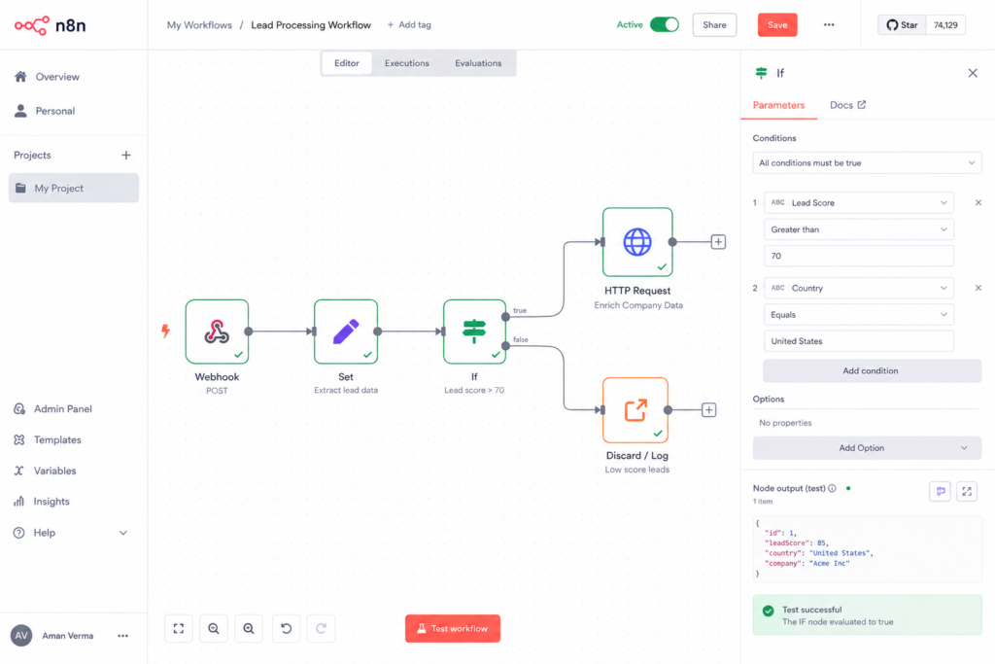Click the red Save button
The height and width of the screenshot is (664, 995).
(776, 24)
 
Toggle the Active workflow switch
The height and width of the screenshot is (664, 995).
(665, 24)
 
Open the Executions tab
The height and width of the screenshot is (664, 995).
(407, 63)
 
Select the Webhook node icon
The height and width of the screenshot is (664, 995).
(217, 332)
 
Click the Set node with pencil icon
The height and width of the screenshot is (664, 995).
(346, 332)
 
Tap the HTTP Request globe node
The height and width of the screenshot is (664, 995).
(637, 242)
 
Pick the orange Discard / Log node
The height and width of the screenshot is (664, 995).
(635, 410)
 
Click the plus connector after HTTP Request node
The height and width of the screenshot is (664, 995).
(718, 242)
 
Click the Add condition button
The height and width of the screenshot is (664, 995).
(872, 370)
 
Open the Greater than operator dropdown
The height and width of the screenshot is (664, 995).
(859, 229)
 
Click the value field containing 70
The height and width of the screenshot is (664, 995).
(859, 256)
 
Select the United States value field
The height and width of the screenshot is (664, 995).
(859, 341)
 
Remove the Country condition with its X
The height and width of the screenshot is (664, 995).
(978, 288)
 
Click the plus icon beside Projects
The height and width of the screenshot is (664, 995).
(126, 155)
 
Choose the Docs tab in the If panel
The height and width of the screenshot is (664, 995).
(847, 105)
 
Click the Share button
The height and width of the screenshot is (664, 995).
(714, 24)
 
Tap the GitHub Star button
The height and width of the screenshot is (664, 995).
(902, 24)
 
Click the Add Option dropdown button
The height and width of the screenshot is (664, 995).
(867, 448)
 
